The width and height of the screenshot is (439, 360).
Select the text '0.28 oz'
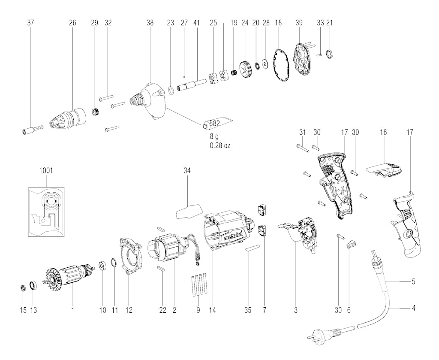[x=219, y=145]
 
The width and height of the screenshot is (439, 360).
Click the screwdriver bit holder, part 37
[x=32, y=130]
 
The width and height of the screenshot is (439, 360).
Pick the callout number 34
[x=187, y=170]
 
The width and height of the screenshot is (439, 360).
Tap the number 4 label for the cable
[x=413, y=308]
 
